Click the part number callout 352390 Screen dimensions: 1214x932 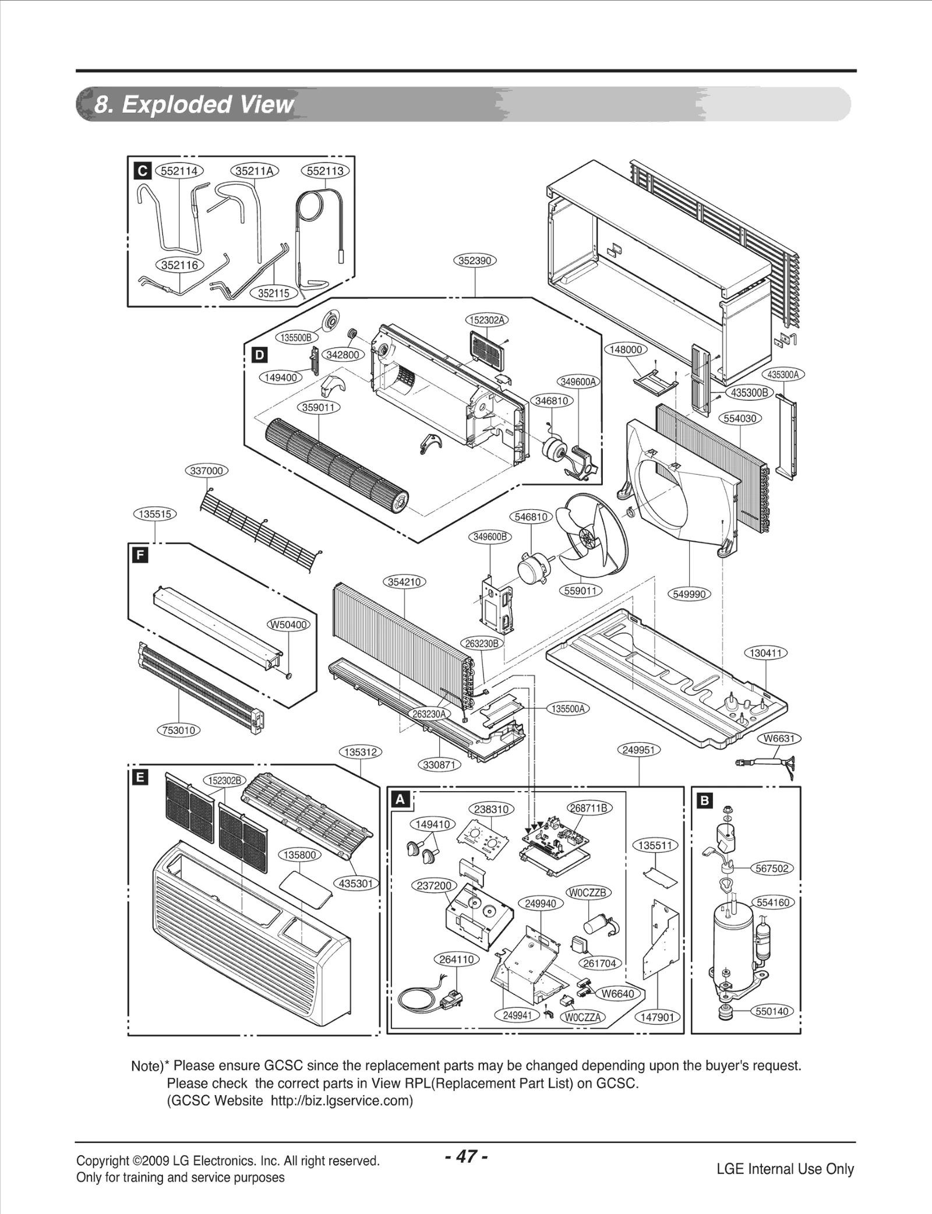tap(475, 260)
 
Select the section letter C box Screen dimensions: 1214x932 tap(142, 171)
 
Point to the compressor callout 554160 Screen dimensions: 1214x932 tap(772, 902)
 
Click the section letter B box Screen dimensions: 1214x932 tap(705, 801)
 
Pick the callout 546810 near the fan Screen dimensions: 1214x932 tap(531, 517)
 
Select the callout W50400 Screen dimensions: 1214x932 tap(288, 624)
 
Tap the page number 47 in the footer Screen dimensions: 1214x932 tap(465, 1156)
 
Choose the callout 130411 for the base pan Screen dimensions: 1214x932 tap(765, 653)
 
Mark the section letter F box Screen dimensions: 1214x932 tap(140, 555)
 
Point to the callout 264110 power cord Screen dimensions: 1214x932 tap(457, 959)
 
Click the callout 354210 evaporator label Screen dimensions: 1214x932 tap(404, 582)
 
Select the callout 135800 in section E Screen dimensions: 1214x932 tap(300, 855)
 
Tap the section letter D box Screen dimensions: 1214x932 tap(259, 355)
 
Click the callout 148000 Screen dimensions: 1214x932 tap(626, 350)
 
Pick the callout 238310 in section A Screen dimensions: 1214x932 tap(491, 809)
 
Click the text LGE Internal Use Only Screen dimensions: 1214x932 tap(785, 1169)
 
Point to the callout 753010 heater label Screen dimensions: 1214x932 tap(179, 730)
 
